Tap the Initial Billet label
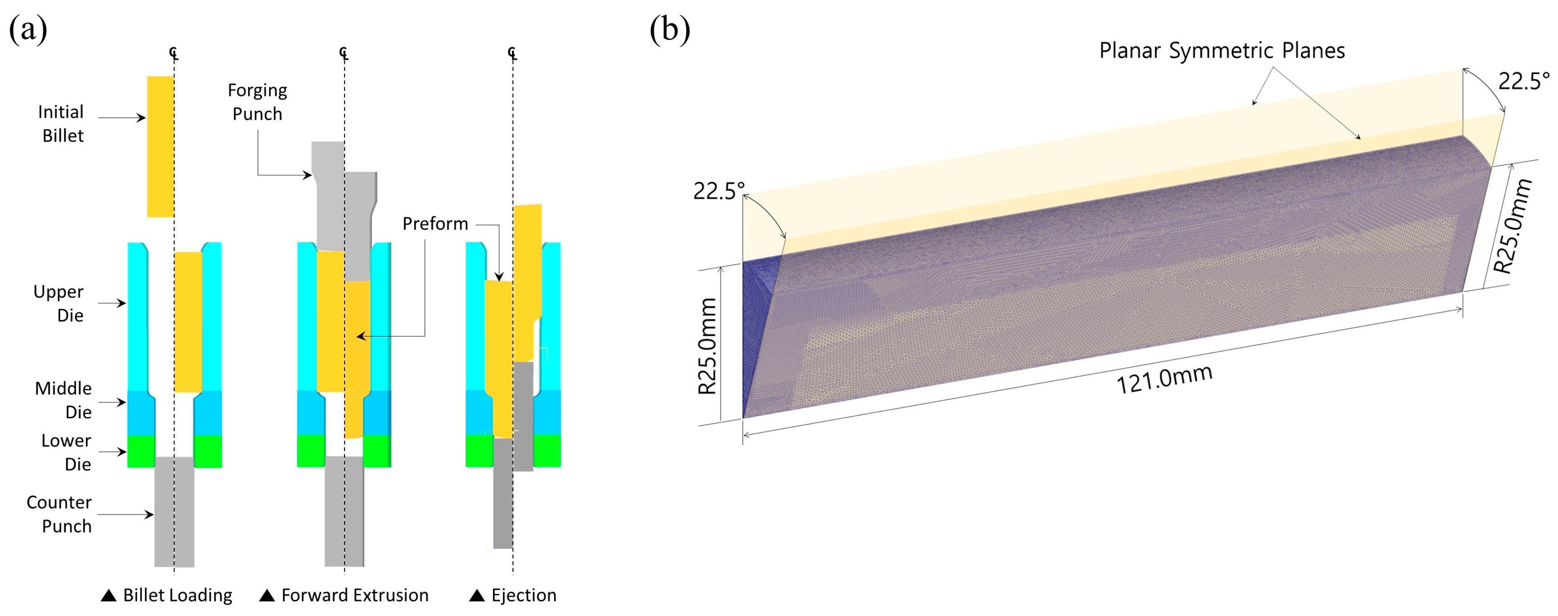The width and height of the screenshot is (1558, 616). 61,124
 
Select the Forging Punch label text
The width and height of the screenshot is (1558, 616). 257,102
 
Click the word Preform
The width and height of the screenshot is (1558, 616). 435,224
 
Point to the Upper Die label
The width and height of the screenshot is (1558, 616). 59,303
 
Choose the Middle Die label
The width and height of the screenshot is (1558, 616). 63,400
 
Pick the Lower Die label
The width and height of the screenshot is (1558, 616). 66,452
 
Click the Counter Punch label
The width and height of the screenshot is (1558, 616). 59,514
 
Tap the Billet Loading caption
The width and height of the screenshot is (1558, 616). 177,596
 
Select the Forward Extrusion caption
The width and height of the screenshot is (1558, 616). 355,596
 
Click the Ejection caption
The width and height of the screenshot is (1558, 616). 524,596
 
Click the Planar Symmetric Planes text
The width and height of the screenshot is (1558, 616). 1222,50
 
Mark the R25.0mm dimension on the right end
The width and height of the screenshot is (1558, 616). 1513,226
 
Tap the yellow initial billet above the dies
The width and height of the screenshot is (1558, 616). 160,147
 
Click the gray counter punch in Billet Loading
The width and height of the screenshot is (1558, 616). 174,511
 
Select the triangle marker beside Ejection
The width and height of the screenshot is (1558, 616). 477,596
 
